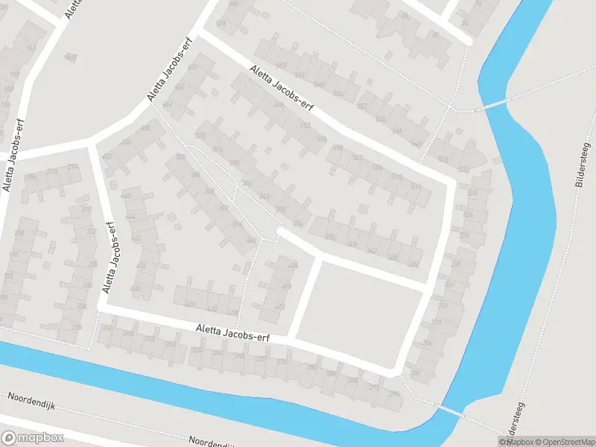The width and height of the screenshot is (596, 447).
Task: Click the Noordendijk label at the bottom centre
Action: click(217, 442)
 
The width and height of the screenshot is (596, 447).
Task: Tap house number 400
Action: click(251, 240)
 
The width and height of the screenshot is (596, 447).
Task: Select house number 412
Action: click(280, 306)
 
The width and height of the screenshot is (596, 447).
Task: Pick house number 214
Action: click(72, 167)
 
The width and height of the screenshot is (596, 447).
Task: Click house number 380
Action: click(180, 157)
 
